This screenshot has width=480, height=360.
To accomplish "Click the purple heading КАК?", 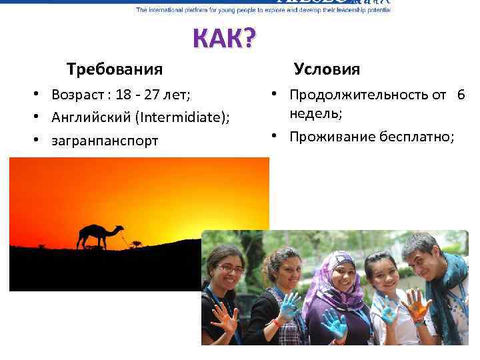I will coord(223,40).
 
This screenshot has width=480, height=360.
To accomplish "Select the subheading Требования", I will coord(114,69).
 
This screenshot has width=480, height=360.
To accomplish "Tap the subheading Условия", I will coord(327,69).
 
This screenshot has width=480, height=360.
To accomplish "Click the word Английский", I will coord(91,118).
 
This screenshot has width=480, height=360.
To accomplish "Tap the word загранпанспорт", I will coord(105,141).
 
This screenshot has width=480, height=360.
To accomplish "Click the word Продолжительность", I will coord(359,95).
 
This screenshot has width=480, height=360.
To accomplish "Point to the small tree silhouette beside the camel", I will coord(136,243).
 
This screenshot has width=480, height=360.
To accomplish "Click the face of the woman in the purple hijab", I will coord(344,271).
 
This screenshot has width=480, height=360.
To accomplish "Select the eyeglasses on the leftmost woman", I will coord(231,269).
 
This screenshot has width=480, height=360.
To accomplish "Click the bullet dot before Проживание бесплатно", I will coord(273,137).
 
